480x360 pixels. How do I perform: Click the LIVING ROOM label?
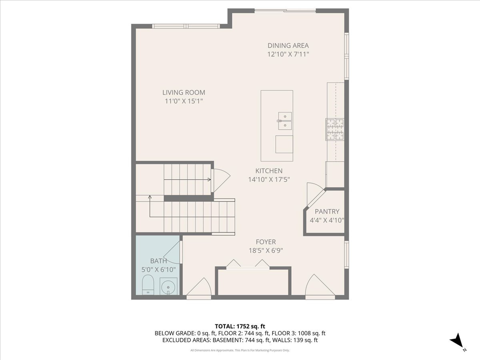tap(184, 92)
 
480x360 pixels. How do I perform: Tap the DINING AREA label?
tap(288, 46)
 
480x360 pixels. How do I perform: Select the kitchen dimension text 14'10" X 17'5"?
tap(269, 180)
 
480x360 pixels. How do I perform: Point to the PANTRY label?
tap(327, 211)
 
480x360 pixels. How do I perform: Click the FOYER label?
tap(266, 242)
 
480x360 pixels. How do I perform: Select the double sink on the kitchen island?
tap(285, 121)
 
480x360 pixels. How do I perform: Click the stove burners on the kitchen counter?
tap(335, 130)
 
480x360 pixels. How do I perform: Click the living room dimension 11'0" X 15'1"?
tap(184, 101)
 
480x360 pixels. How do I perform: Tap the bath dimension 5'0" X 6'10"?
tap(158, 270)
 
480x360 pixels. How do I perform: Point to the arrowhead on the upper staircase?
tap(210, 180)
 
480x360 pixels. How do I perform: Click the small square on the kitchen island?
tap(284, 144)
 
